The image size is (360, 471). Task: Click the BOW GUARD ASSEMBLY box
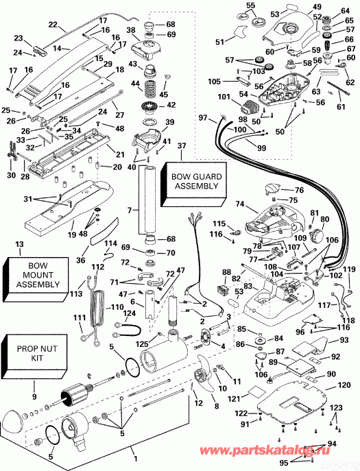click(194, 184)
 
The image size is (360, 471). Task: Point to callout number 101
click(224, 97)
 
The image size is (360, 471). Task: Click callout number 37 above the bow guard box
click(182, 146)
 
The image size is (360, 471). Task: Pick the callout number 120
click(344, 385)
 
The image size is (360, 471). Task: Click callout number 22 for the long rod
click(53, 24)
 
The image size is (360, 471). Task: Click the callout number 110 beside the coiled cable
click(117, 307)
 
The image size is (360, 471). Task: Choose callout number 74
click(239, 204)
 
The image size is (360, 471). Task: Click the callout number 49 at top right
click(317, 7)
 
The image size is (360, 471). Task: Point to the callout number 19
click(72, 234)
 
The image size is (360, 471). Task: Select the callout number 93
click(344, 340)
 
